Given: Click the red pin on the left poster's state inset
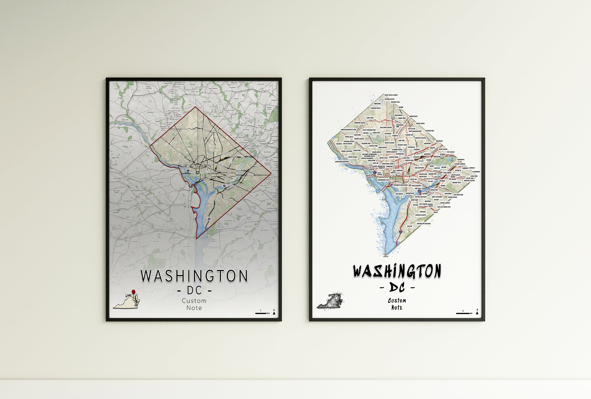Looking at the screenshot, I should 133,292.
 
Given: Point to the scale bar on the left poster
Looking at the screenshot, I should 261,313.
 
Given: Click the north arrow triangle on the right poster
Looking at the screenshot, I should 477,313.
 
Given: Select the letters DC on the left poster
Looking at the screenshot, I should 195,290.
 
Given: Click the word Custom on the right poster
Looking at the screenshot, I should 397,301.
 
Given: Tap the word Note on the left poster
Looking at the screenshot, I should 194,308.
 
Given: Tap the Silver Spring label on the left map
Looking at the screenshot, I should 207,102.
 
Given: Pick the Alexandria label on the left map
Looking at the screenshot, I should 169,221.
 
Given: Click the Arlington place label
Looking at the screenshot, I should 161,182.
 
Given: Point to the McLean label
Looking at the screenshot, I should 125,146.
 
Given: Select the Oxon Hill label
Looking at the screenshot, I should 234,241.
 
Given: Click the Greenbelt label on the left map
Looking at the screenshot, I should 274,100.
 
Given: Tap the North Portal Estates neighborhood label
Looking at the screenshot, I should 391,95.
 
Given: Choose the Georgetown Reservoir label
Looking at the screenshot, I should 342,162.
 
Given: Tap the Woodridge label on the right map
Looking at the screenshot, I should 440,141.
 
